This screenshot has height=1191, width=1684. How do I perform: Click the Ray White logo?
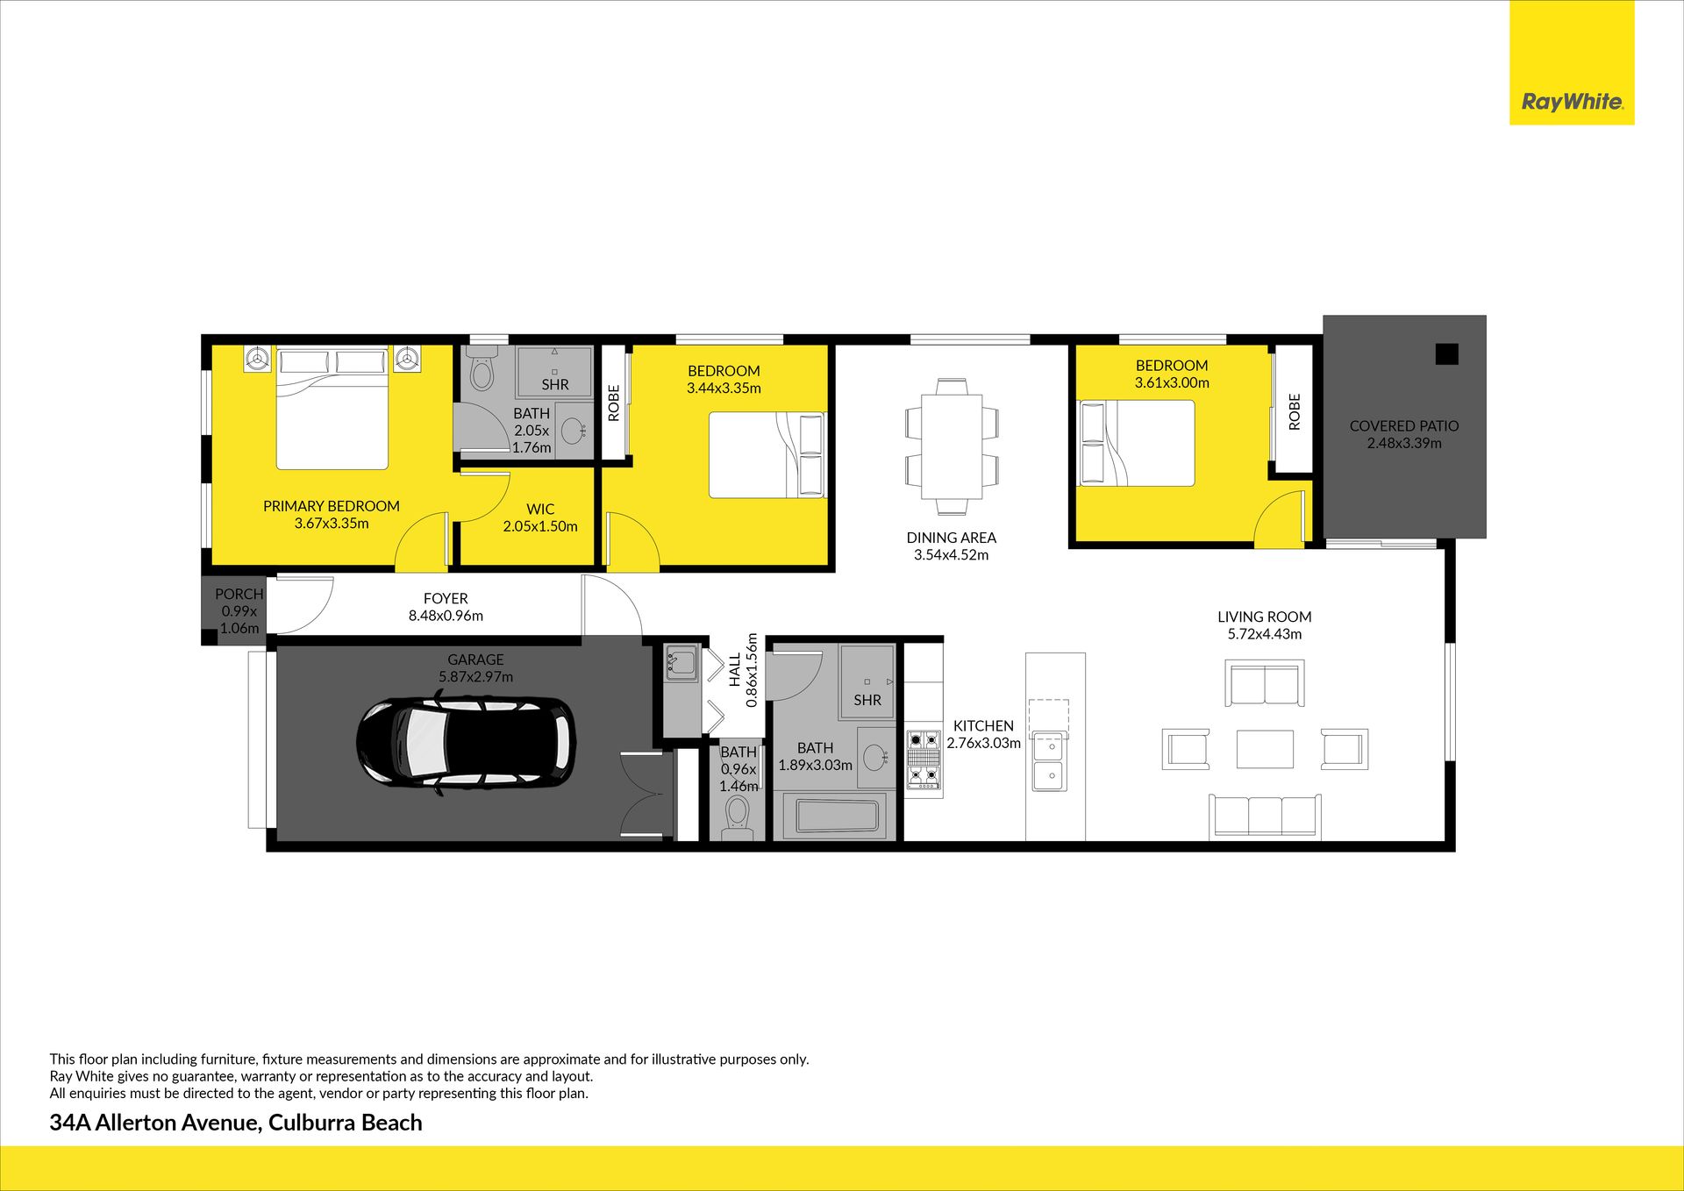click(x=1572, y=102)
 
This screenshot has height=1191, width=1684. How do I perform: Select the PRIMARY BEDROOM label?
click(x=332, y=506)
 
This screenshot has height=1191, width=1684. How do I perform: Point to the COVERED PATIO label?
click(x=1404, y=426)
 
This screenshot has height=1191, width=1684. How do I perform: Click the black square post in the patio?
click(x=1446, y=354)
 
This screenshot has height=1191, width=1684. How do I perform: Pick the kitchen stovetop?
click(x=923, y=760)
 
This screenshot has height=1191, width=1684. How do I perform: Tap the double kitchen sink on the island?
click(x=1049, y=761)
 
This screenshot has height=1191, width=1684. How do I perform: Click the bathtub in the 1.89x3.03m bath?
click(x=836, y=816)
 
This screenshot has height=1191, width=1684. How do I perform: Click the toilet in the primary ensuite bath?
click(x=481, y=369)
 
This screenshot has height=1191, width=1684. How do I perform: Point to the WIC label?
click(x=540, y=510)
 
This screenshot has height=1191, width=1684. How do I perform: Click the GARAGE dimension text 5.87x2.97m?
click(x=476, y=677)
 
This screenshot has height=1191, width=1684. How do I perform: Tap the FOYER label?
click(x=446, y=599)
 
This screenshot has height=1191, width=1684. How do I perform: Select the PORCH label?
click(x=239, y=595)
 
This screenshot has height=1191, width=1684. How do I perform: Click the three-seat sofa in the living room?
click(x=1265, y=816)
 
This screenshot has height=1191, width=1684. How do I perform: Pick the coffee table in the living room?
click(x=1265, y=749)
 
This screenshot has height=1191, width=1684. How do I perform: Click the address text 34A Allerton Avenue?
click(x=154, y=1123)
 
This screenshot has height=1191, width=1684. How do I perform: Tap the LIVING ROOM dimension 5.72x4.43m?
click(x=1265, y=634)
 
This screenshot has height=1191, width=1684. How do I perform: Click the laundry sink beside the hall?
click(x=681, y=663)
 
